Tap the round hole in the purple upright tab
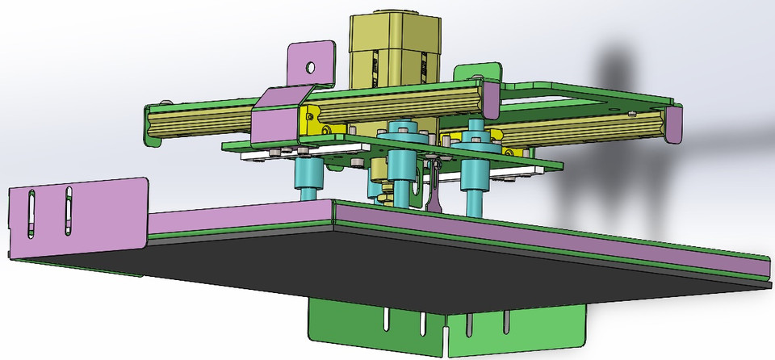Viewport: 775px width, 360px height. click(x=310, y=69)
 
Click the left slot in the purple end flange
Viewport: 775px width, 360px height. click(x=31, y=214)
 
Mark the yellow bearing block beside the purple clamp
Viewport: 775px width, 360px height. click(x=311, y=121)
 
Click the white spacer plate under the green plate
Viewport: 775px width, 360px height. click(x=274, y=155)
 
